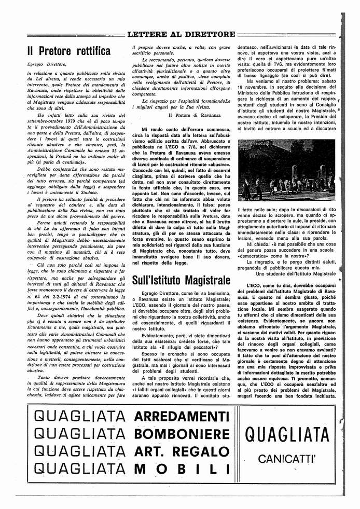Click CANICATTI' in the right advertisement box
pos(287,459)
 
